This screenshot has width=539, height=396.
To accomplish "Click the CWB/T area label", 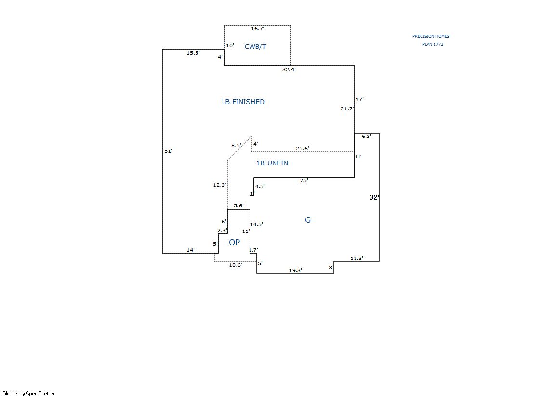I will click(x=255, y=46).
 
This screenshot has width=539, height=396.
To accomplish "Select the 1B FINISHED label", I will click(x=243, y=102).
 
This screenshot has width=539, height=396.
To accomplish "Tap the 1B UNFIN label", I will click(x=272, y=163).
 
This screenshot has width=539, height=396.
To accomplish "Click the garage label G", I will click(x=308, y=220).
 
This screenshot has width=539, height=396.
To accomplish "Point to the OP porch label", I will click(x=234, y=242).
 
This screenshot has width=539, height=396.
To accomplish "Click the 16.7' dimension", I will click(x=258, y=29).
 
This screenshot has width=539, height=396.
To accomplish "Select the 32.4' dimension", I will click(x=289, y=69).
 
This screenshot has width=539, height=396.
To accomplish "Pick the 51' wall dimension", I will click(x=168, y=151).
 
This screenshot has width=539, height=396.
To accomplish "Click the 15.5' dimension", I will click(x=193, y=53).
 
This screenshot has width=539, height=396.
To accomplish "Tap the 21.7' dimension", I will click(x=347, y=109).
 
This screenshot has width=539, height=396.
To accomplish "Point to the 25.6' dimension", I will click(x=302, y=148).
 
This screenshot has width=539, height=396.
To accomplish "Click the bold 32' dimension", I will click(x=374, y=197).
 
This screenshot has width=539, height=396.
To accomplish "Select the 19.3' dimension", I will click(x=295, y=270).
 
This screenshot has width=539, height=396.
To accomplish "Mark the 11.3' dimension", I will click(x=356, y=258).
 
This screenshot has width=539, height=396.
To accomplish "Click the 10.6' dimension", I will click(x=236, y=265).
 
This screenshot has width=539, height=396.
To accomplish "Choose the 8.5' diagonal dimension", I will click(x=236, y=145).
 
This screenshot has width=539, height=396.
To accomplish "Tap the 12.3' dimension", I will click(x=219, y=185).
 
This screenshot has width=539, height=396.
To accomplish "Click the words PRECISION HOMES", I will click(x=431, y=36).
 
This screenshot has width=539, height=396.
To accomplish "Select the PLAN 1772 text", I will click(x=433, y=44).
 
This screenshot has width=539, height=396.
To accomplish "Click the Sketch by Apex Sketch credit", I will click(x=28, y=393).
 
